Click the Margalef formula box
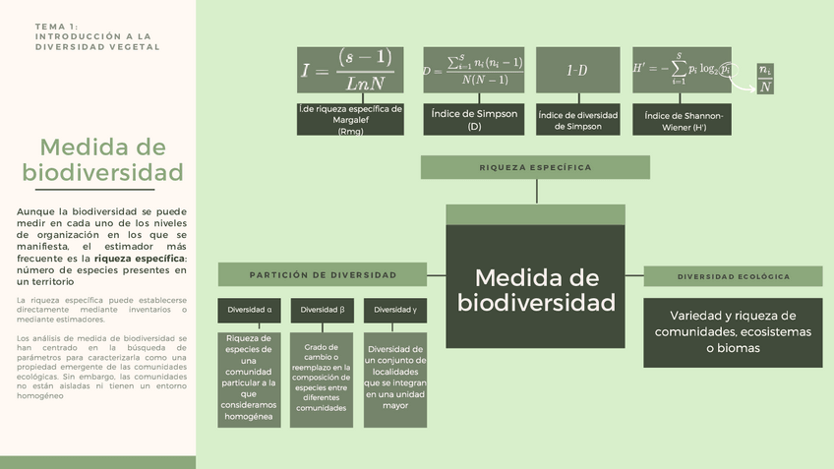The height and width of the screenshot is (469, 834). [x=350, y=70]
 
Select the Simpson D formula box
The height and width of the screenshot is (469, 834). [x=473, y=70]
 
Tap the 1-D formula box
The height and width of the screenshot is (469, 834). [x=577, y=70]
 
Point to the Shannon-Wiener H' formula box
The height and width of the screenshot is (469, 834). [x=682, y=70]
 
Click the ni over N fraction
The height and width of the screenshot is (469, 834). [x=765, y=79]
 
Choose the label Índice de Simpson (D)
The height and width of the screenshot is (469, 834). [x=474, y=120]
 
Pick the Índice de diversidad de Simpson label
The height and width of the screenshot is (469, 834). [x=577, y=120]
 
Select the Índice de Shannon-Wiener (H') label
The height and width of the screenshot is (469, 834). [x=682, y=120]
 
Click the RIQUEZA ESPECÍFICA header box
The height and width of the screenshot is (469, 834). [x=535, y=167]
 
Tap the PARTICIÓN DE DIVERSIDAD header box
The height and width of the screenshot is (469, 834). [x=324, y=275]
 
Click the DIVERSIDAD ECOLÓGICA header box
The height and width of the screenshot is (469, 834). [x=733, y=276]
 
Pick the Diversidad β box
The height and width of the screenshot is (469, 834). [x=322, y=310]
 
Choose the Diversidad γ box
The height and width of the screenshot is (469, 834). [x=394, y=310]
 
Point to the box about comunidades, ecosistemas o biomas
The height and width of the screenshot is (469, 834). [x=733, y=332]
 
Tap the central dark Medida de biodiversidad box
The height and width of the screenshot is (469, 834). [x=536, y=289]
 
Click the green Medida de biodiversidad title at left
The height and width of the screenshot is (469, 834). [x=102, y=160]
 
